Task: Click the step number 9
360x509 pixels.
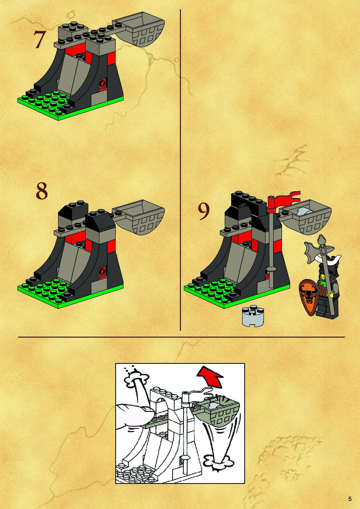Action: point(204,211)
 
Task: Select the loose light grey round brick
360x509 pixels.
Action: point(253,317)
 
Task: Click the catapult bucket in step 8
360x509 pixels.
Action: point(139,217)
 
